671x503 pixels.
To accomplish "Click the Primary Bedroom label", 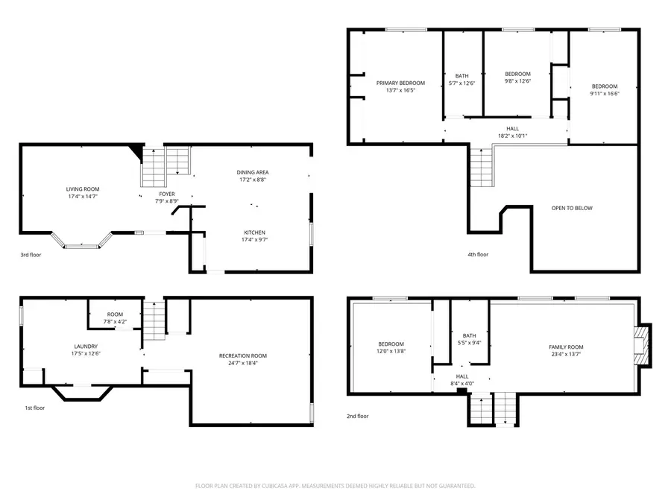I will tap(400, 83).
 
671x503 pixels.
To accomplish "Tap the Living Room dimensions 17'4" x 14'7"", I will tap(82, 197).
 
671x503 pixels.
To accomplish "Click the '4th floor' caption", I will tap(478, 255).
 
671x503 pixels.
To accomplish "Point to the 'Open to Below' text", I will tap(572, 208).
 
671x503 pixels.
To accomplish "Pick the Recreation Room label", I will tap(242, 355).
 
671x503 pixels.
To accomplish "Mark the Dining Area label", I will tap(253, 172).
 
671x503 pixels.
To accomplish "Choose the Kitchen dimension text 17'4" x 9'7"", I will tap(254, 240).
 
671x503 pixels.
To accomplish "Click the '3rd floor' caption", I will tap(31, 255).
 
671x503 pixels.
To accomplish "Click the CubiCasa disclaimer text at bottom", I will tap(335, 485).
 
